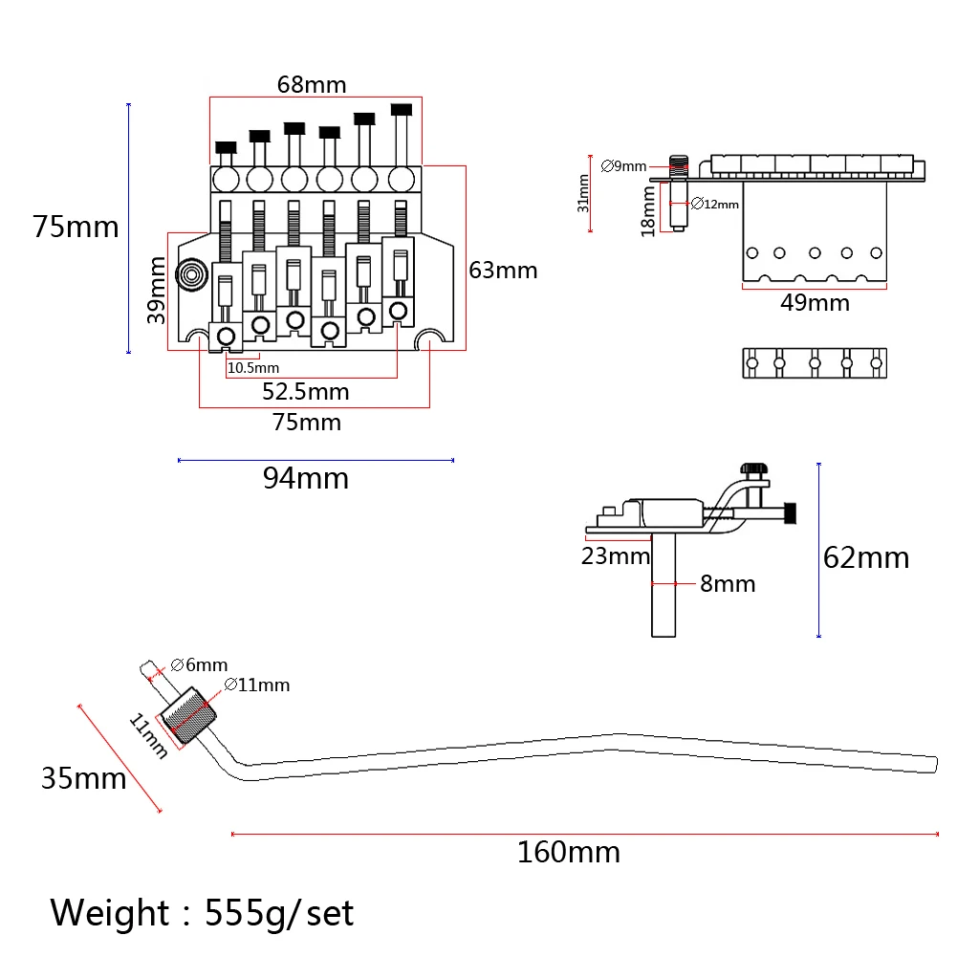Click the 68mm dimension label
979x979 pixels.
(312, 84)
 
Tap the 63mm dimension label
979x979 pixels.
(503, 271)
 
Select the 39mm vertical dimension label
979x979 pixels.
(156, 291)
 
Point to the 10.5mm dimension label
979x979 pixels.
(252, 368)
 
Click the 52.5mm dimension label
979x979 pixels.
(305, 391)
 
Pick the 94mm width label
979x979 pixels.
(305, 478)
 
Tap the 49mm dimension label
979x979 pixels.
(815, 303)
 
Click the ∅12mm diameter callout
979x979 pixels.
(715, 204)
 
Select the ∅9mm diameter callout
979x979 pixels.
(623, 166)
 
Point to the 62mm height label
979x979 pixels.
(866, 557)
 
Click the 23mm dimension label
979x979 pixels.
(616, 555)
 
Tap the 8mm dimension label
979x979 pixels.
(728, 584)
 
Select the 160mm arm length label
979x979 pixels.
(569, 852)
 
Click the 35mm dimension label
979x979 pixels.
(84, 778)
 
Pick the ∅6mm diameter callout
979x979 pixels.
(199, 665)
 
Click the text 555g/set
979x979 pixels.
(279, 913)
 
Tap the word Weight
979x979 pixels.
(109, 912)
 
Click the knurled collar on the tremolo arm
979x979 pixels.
(188, 715)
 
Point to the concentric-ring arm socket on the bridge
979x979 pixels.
(192, 274)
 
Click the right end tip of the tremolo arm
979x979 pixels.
(936, 764)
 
